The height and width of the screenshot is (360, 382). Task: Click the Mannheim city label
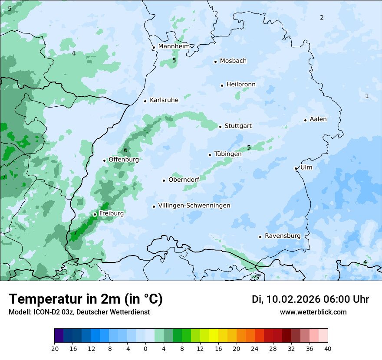click(174, 46)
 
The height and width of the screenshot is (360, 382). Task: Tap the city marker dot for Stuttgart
click(221, 127)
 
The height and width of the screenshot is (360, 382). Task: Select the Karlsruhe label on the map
click(164, 100)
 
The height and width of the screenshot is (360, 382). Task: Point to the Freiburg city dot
click(95, 214)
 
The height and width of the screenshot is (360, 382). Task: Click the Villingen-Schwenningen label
click(194, 206)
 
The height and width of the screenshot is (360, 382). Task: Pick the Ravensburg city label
click(283, 236)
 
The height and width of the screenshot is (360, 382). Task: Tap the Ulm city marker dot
click(296, 168)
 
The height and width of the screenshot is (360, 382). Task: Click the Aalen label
click(318, 119)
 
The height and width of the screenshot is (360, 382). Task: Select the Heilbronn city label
click(241, 85)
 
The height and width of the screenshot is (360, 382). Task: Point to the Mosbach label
click(233, 61)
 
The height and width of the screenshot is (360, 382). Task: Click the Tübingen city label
click(228, 154)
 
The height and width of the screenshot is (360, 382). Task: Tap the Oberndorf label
click(184, 180)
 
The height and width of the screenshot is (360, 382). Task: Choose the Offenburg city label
click(124, 160)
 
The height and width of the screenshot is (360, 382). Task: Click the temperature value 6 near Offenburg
click(125, 151)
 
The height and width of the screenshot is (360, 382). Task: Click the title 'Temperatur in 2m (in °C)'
click(86, 299)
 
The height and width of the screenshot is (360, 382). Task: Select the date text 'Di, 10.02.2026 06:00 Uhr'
click(310, 299)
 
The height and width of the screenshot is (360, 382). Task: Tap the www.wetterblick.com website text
click(313, 312)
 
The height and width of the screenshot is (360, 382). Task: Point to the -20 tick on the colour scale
click(54, 348)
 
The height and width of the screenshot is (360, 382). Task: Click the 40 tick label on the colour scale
click(327, 348)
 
